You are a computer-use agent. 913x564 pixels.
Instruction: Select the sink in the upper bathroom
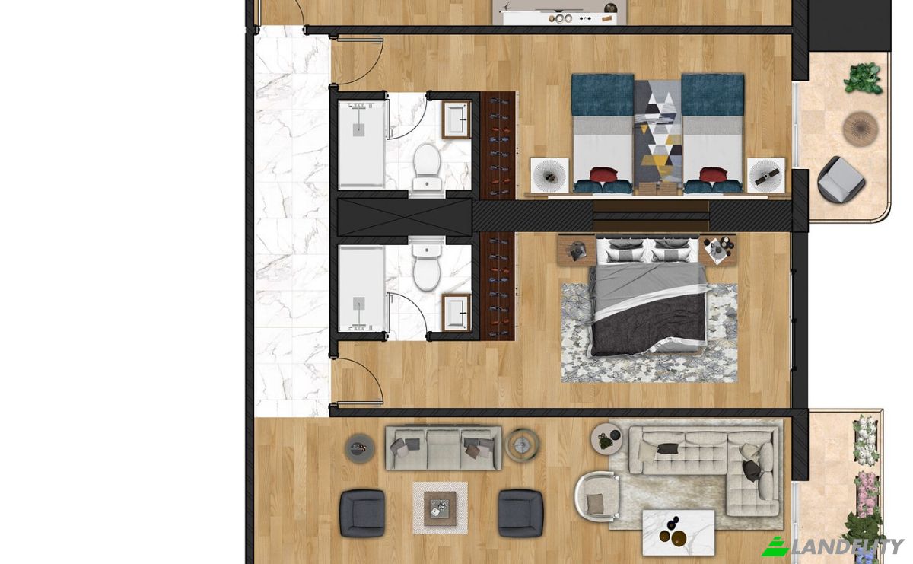[456, 119]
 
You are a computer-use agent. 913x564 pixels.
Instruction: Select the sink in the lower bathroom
[456, 313]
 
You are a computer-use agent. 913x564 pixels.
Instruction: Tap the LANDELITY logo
[832, 546]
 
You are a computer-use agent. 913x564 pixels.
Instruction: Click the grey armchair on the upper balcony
[841, 179]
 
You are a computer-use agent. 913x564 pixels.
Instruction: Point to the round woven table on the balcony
[860, 129]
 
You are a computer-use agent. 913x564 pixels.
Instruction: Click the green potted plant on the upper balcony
[863, 78]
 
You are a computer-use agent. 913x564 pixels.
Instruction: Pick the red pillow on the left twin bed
[604, 174]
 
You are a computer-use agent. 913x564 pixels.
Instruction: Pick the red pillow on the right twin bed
[714, 174]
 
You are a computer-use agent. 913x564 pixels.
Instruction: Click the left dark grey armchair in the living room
[362, 513]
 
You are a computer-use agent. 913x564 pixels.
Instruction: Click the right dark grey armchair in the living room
[520, 513]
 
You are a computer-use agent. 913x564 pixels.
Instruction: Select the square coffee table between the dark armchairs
[440, 508]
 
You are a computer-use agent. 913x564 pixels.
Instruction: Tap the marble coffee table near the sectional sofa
[678, 533]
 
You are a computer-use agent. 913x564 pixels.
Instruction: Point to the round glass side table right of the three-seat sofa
[522, 444]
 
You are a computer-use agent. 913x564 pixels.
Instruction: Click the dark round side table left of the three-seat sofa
[359, 448]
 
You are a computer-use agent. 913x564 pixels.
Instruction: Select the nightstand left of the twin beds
[549, 175]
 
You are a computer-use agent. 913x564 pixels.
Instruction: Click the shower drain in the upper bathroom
[358, 130]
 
